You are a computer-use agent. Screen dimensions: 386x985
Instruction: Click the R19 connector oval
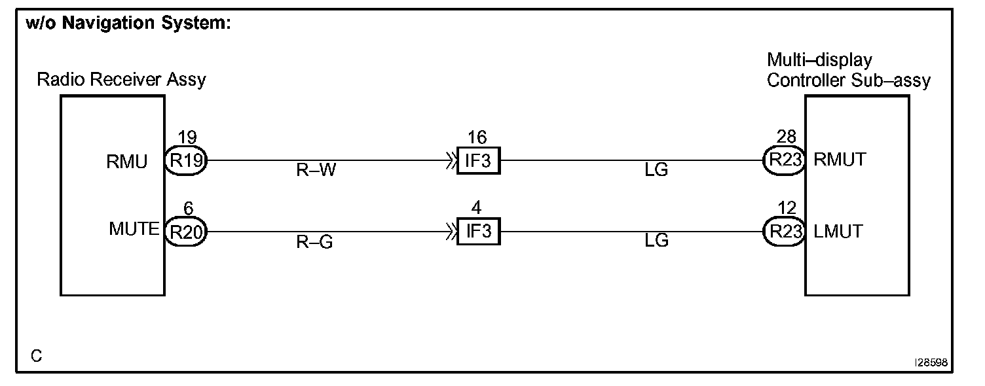point(187,160)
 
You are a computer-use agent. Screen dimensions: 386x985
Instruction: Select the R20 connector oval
point(185,232)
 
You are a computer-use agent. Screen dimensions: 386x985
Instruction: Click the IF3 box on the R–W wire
point(478,160)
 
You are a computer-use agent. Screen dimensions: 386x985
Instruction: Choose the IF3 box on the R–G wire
point(478,232)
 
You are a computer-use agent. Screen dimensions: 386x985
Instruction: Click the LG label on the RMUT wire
point(656,171)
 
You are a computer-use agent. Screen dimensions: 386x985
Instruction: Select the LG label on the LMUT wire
point(656,241)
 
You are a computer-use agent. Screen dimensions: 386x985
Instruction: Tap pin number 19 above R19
point(187,137)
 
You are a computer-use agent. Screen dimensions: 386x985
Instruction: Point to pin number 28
point(786,137)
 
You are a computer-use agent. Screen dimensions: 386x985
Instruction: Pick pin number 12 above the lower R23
point(786,209)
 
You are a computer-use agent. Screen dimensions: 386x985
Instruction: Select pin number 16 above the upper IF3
point(478,137)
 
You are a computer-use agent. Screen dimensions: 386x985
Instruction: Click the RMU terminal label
point(127,161)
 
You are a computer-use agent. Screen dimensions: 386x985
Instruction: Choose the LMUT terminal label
point(838,232)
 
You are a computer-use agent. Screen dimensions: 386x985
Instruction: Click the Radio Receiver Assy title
point(121,80)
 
